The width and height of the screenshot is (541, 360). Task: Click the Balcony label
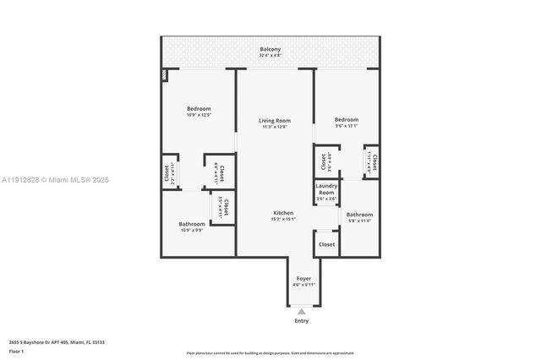(x=270, y=50)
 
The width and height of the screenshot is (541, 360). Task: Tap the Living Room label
(x=274, y=121)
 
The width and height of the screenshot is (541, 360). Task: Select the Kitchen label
(x=282, y=212)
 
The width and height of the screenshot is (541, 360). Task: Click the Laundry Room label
(x=326, y=189)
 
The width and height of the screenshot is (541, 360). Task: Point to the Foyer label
(x=303, y=278)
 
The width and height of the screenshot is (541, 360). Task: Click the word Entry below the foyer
(x=302, y=321)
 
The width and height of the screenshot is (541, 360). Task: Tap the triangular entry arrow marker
(x=302, y=311)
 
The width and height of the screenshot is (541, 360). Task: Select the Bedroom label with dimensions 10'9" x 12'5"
(x=199, y=108)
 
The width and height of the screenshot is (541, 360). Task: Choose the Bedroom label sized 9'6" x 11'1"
(x=346, y=119)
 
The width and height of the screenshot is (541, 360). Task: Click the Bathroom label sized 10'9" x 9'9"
(x=191, y=224)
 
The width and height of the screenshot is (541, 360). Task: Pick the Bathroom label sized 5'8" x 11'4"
(x=359, y=215)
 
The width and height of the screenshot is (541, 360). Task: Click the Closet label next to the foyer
(x=326, y=244)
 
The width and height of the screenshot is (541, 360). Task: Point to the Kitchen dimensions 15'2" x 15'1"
(x=282, y=219)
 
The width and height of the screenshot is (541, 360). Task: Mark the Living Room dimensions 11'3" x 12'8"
(x=274, y=128)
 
